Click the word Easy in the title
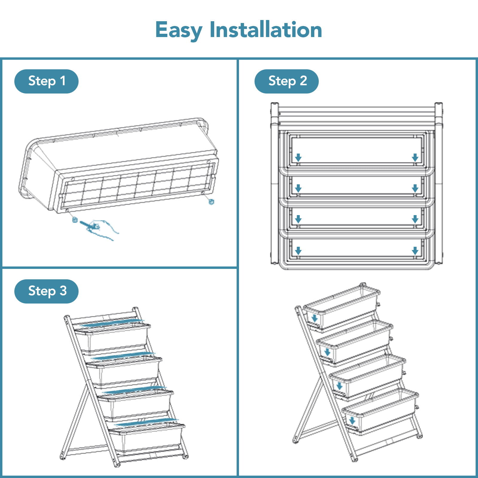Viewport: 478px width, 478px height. click(x=179, y=30)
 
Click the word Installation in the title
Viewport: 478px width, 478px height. click(x=266, y=30)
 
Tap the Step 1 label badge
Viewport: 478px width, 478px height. click(x=46, y=81)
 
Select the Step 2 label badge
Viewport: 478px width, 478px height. click(x=287, y=81)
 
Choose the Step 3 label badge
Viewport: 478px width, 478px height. click(x=46, y=291)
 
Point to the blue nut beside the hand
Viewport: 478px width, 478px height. click(x=75, y=220)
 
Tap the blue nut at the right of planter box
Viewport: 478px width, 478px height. click(x=211, y=202)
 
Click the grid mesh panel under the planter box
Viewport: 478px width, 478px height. click(x=137, y=187)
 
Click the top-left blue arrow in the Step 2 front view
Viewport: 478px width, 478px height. click(x=298, y=157)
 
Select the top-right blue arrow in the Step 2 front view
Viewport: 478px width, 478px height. click(x=415, y=157)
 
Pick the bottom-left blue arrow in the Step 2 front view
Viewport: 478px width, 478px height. click(x=298, y=251)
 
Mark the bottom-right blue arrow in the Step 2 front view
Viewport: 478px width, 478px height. click(x=415, y=251)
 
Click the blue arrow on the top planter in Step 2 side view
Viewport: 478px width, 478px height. click(x=314, y=318)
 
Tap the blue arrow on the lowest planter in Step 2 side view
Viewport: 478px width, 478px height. click(x=352, y=421)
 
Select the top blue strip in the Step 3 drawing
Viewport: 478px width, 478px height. click(x=112, y=323)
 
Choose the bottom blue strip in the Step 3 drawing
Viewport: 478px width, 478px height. click(x=146, y=422)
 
